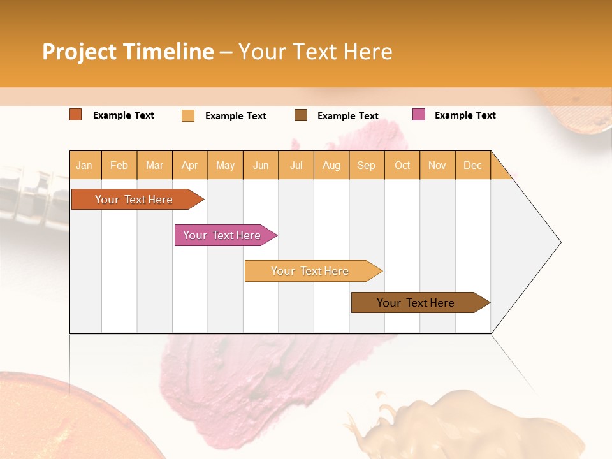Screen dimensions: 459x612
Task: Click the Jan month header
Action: (84, 165)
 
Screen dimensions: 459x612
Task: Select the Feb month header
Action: (119, 165)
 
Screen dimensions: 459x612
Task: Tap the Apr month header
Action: (189, 165)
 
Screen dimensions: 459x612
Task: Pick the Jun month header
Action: (261, 165)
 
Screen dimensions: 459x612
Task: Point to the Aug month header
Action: (331, 165)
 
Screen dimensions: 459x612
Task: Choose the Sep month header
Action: (366, 165)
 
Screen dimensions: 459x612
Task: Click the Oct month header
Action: (402, 165)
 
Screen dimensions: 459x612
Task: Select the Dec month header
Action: (472, 165)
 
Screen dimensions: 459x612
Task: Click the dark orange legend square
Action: (76, 115)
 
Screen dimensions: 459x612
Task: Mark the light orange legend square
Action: (188, 115)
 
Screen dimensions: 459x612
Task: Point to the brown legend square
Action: (301, 115)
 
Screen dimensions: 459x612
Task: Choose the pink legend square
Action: (419, 115)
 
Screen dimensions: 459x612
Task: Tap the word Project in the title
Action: (80, 52)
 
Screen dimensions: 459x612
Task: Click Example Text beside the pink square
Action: (465, 115)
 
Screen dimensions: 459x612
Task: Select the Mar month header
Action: (154, 165)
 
